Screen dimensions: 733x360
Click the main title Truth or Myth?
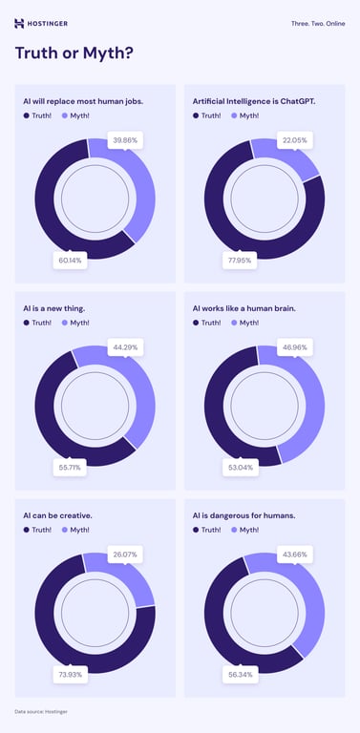pyautogui.click(x=74, y=53)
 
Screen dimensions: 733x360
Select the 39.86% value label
pyautogui.click(x=124, y=139)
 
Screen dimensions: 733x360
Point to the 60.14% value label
pyautogui.click(x=70, y=259)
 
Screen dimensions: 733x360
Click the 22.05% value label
pyautogui.click(x=294, y=139)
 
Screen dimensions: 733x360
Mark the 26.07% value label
pyautogui.click(x=124, y=554)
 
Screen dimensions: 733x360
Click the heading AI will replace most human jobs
pyautogui.click(x=83, y=100)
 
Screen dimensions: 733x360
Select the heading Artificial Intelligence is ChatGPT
pyautogui.click(x=255, y=100)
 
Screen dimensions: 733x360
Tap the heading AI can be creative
pyautogui.click(x=58, y=515)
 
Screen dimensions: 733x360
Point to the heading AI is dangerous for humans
pyautogui.click(x=244, y=515)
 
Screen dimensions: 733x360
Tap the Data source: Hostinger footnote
pyautogui.click(x=41, y=712)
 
